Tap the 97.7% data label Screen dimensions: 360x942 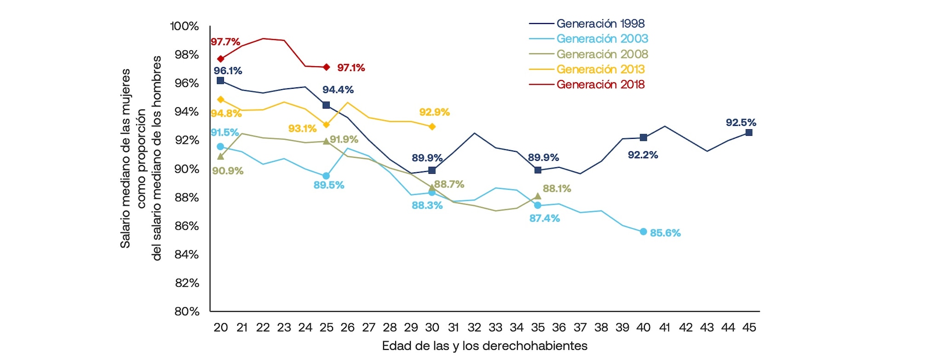tap(225, 42)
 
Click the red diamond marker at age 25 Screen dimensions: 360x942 tap(326, 67)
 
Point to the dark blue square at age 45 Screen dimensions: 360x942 tap(749, 132)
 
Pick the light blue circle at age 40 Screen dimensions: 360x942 tap(643, 231)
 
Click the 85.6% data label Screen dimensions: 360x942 tap(665, 233)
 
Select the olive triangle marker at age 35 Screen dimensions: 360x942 tap(538, 196)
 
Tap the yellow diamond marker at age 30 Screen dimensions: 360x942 tap(432, 126)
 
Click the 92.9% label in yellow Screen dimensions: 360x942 tap(434, 112)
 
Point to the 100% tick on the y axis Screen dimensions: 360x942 tap(184, 26)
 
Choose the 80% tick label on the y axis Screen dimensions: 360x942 tap(187, 311)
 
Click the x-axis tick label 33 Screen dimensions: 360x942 tap(495, 327)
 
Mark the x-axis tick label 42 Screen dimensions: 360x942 tap(685, 327)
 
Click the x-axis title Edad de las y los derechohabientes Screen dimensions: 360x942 tap(484, 346)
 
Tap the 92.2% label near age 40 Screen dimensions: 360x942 tap(643, 155)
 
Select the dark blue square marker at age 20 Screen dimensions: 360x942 tap(220, 80)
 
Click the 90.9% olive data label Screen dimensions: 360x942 tap(228, 171)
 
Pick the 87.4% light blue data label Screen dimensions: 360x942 tap(544, 218)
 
